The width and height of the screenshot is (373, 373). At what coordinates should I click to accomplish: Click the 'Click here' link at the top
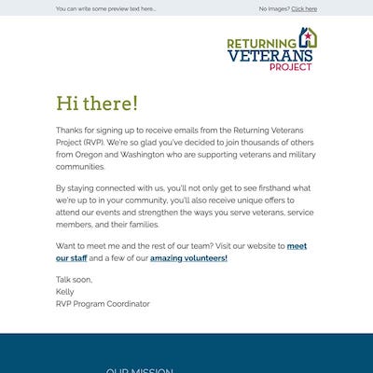pyautogui.click(x=304, y=8)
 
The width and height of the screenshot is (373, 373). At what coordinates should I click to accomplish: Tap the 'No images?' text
pyautogui.click(x=274, y=8)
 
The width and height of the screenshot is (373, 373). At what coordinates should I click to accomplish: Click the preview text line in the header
pyautogui.click(x=105, y=8)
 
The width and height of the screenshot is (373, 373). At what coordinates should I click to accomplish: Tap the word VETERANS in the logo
pyautogui.click(x=269, y=55)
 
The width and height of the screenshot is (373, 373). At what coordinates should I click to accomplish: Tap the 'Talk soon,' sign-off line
pyautogui.click(x=76, y=279)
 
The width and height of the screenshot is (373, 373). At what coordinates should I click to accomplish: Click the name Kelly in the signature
pyautogui.click(x=65, y=291)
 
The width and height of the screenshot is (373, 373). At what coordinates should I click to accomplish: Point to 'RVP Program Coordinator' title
pyautogui.click(x=103, y=303)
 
